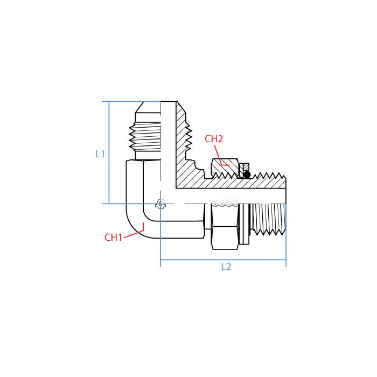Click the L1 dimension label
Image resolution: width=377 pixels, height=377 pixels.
(100, 153)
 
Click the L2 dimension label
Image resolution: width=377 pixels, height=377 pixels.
(226, 267)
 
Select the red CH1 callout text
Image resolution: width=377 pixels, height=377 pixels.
(113, 237)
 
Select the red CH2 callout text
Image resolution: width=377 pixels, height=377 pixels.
(214, 139)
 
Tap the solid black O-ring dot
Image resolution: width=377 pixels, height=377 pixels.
(247, 174)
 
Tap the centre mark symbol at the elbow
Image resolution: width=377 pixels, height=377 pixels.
(159, 204)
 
